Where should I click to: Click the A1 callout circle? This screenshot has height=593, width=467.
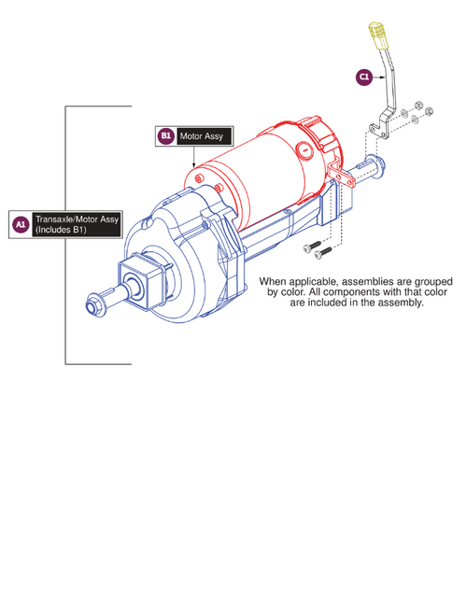(x=21, y=224)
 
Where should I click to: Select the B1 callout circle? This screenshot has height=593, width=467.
(x=165, y=136)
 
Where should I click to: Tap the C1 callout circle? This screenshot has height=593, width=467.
(x=363, y=78)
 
